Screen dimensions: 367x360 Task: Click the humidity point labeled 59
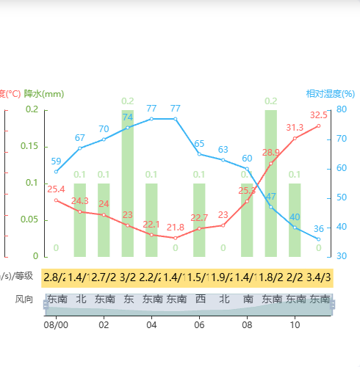coord(56,172)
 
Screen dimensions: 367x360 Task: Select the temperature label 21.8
coord(176,228)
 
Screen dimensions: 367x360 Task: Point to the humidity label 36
coord(318,228)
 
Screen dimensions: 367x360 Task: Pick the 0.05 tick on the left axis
coord(30,219)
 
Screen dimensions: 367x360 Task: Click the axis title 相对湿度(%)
coord(330,94)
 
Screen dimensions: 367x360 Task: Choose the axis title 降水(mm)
coord(44,94)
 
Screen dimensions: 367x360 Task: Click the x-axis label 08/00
coord(56,324)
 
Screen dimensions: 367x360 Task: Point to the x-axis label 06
coord(199,324)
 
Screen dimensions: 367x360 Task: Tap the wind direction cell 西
coord(199,299)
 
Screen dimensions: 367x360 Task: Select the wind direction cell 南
coord(247,299)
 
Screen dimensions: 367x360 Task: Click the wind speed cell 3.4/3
coord(318,277)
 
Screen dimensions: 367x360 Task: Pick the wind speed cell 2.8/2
coord(56,277)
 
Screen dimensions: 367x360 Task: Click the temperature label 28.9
coord(271,153)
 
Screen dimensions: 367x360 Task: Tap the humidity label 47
coord(271,197)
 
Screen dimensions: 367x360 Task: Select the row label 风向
coord(24,299)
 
